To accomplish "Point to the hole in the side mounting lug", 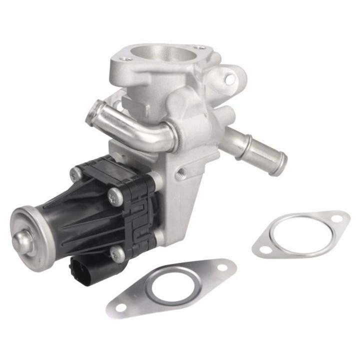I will coord(230,78).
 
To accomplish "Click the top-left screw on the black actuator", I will coord(76,172).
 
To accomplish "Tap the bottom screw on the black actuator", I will coord(115,253).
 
